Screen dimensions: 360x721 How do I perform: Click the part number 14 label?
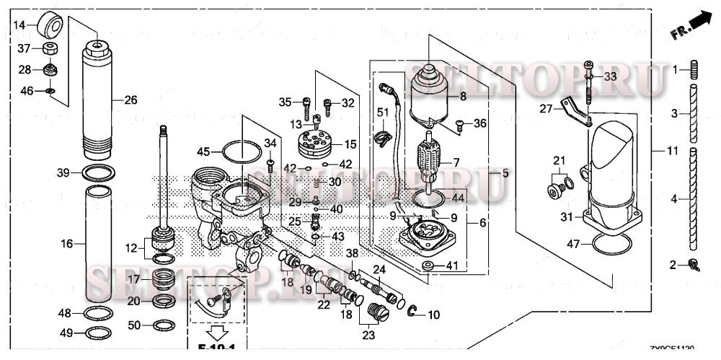tap(20, 25)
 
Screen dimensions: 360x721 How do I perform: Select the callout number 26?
tap(130, 100)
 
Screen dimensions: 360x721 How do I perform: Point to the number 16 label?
tap(67, 245)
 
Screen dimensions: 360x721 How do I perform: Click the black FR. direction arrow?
tap(695, 28)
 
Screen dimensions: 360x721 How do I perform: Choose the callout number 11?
tap(672, 151)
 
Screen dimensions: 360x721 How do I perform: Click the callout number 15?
tap(350, 144)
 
